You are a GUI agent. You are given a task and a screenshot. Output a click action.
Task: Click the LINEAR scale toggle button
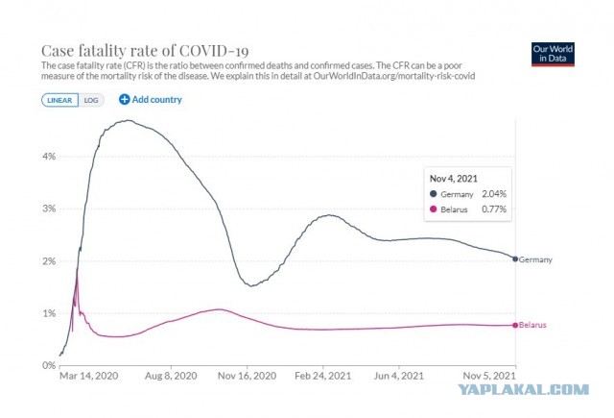[59, 100]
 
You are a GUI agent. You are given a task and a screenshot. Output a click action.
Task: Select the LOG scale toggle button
[91, 100]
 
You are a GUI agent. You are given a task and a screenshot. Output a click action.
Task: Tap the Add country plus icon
[124, 100]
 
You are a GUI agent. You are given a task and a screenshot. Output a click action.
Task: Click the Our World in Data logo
[553, 55]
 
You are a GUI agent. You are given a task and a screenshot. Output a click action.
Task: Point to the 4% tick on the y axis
[49, 157]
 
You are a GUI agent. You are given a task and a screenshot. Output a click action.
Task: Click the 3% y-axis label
[49, 209]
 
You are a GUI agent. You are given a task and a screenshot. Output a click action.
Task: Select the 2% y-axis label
[49, 261]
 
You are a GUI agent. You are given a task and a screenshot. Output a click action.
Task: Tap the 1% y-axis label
[49, 313]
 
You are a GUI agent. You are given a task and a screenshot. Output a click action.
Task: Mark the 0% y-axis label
[49, 365]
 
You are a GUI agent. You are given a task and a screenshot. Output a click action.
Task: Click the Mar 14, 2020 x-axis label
[89, 376]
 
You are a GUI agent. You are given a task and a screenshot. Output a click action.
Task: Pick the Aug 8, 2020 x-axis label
[171, 376]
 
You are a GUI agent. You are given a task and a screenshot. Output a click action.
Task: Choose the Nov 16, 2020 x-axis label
[248, 376]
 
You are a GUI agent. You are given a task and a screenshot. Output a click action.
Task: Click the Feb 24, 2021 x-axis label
[323, 376]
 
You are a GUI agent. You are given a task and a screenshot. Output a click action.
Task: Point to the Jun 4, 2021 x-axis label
[399, 376]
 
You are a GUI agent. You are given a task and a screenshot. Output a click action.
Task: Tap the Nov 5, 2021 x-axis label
[489, 376]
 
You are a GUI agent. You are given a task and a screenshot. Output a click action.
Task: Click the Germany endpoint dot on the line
[515, 259]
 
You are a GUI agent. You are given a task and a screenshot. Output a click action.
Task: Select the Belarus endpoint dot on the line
[515, 325]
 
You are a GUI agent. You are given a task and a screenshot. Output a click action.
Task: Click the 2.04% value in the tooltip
[494, 194]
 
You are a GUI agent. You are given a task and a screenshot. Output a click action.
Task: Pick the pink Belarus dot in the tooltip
[433, 209]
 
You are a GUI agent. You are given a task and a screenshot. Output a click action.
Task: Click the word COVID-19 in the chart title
[214, 51]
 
